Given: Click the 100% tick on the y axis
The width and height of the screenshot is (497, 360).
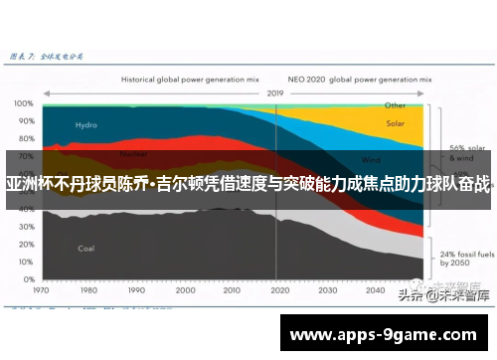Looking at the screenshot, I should [x=22, y=103].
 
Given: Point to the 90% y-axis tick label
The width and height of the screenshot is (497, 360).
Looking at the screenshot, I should [x=24, y=119].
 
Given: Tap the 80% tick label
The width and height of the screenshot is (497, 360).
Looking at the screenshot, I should [x=24, y=135].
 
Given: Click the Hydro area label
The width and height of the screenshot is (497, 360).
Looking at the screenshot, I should [x=86, y=125].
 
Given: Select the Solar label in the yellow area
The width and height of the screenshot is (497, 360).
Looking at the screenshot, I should [x=395, y=124].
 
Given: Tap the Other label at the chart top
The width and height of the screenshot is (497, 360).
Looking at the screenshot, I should [x=395, y=104].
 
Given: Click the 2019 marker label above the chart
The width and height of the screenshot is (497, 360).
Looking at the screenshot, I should [x=275, y=92].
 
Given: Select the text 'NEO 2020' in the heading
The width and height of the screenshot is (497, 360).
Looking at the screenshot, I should [x=306, y=77].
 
